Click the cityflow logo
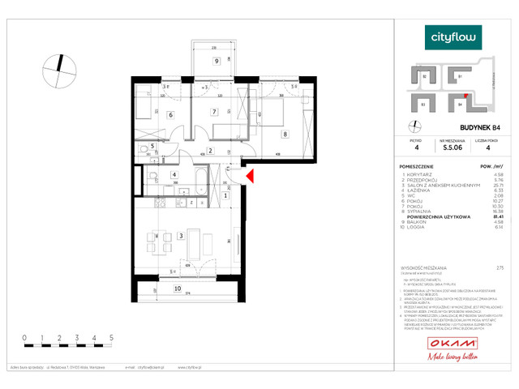tap(454, 36)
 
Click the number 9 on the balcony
tap(217, 61)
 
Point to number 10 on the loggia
tap(178, 288)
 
